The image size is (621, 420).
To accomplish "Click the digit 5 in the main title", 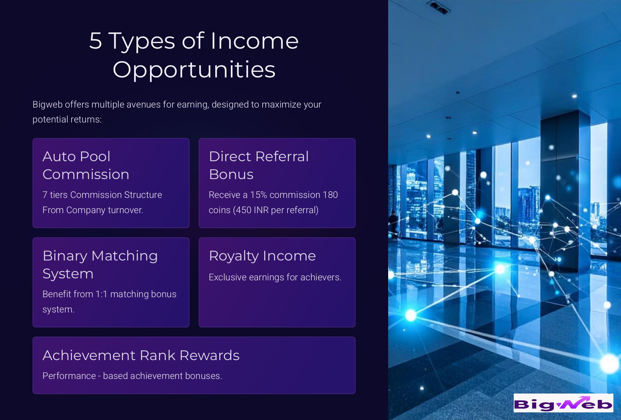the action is [95, 41].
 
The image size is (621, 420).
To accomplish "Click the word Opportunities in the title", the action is [194, 70].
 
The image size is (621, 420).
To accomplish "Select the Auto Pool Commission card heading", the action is [86, 165].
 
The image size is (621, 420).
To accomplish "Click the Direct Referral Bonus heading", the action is [259, 165].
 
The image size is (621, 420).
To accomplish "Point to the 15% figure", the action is [258, 195].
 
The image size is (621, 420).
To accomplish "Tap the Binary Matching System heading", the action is [100, 265].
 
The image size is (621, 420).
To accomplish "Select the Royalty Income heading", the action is [262, 256].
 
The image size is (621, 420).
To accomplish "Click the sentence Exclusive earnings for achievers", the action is [275, 277].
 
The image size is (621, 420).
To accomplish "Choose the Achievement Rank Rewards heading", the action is [141, 355].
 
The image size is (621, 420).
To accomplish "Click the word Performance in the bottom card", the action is [69, 376].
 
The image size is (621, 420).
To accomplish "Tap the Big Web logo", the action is [563, 403].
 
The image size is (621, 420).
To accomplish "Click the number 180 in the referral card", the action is [330, 195].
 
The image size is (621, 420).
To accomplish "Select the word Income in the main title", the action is [254, 41].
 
